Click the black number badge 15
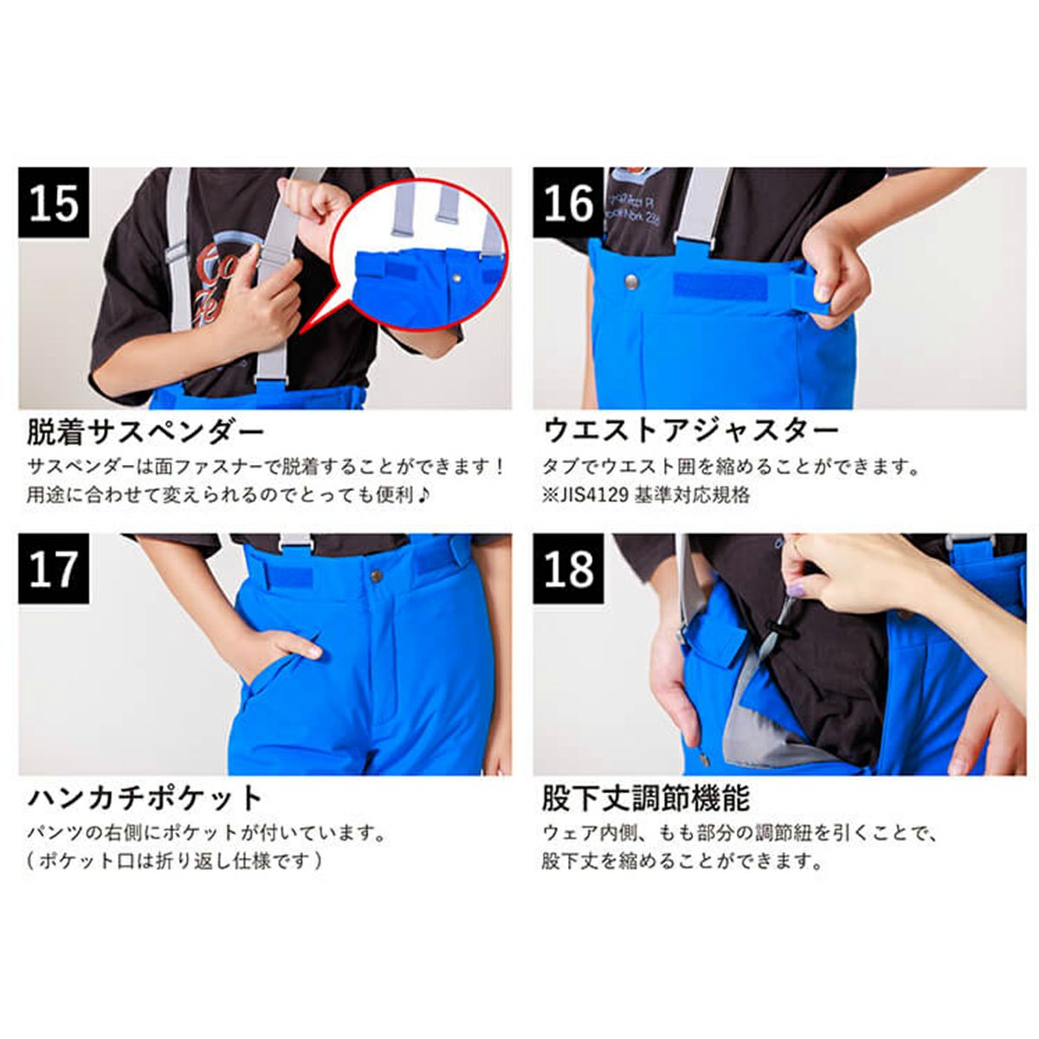point(54,203)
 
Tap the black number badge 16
point(569,203)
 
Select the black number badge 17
point(54,569)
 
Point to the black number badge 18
point(569,569)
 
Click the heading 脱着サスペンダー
point(145,431)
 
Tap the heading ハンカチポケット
point(145,798)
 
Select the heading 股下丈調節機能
point(645,798)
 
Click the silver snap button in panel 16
point(629,281)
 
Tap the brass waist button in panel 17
point(376,575)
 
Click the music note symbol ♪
point(423,494)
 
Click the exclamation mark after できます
point(500,467)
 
